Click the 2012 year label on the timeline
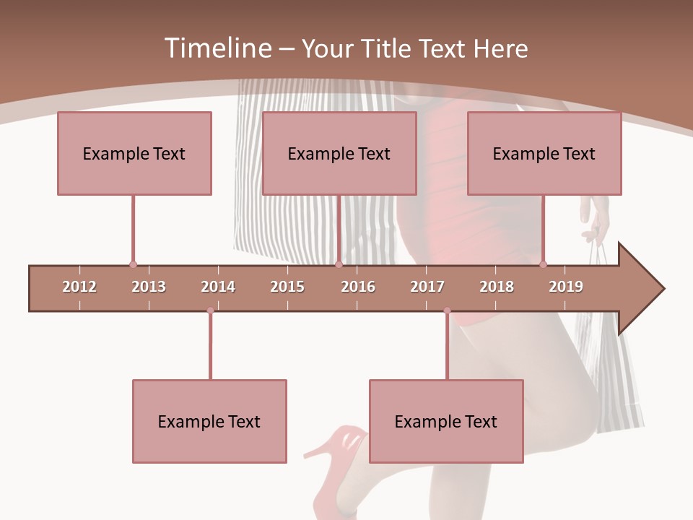(x=79, y=287)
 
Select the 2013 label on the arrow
(x=149, y=287)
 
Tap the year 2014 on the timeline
(x=218, y=287)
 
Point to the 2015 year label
(x=287, y=287)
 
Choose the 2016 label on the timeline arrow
(x=358, y=287)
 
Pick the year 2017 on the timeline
(x=427, y=287)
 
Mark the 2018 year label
(x=497, y=287)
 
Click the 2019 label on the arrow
(x=566, y=287)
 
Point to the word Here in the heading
(x=500, y=48)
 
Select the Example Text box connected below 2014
(x=209, y=422)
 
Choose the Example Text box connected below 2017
(x=446, y=422)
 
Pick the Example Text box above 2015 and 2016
(x=339, y=154)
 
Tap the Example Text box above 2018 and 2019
(x=544, y=154)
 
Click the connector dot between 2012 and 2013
(x=133, y=264)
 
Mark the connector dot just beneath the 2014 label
(x=210, y=311)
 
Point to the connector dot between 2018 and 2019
(x=543, y=264)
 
